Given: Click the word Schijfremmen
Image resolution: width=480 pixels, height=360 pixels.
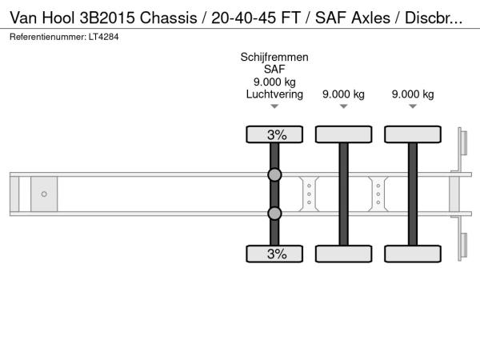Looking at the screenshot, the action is pos(274,58).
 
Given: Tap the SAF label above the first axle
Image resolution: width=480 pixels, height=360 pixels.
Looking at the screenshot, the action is pos(274,70).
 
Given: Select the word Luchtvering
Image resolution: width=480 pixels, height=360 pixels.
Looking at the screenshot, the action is pos(274,94).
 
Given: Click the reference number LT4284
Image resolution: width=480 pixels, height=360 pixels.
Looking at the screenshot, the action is pos(104,37).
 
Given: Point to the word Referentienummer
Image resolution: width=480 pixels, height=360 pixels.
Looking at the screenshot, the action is pos(48,37).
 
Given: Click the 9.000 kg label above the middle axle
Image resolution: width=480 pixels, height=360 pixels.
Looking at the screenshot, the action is pos(343,94).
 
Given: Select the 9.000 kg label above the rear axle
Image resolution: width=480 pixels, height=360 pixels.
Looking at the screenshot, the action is pos(413,94).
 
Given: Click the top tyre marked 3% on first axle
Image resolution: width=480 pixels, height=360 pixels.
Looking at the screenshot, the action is pos(274,134).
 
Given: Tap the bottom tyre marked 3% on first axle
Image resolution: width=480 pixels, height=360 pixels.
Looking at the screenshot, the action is pos(274,254).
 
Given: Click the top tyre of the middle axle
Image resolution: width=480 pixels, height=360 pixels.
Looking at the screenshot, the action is pos(344,134).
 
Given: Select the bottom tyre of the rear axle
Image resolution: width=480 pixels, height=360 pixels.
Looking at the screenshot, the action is pos(413,254).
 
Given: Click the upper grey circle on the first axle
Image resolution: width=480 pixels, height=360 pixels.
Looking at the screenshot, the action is pos(274,174).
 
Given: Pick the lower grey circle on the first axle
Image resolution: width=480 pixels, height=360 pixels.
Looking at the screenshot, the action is pos(274,214).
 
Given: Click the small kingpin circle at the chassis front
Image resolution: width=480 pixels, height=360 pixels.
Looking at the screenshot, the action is pos(44,194).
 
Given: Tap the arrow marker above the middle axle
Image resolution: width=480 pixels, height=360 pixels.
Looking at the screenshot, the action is pos(344,106).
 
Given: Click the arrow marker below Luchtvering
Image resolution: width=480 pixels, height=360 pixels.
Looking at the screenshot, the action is pos(274,106).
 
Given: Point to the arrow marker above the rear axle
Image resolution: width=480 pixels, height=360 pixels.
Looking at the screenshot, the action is pos(413,106).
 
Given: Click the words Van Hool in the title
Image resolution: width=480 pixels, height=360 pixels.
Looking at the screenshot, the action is pos(42,18).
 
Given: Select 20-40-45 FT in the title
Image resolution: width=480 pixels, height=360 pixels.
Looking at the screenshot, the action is pos(256,18).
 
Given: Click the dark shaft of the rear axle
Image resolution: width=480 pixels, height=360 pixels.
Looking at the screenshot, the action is pos(413,194).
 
